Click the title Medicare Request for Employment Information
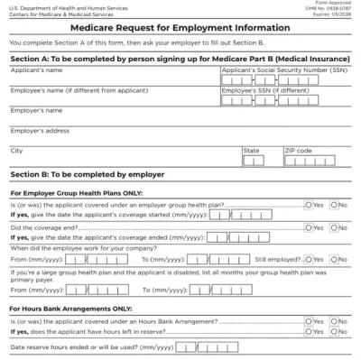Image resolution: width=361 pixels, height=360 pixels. click(180, 27)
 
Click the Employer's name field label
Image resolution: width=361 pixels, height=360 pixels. click(36, 110)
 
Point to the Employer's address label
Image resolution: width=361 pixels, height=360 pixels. click(40, 131)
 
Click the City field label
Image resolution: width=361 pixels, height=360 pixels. click(16, 151)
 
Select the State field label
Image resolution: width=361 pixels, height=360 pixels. click(251, 151)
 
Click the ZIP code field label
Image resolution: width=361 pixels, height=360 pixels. click(299, 151)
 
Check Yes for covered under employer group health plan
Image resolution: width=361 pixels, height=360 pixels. click(309, 205)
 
